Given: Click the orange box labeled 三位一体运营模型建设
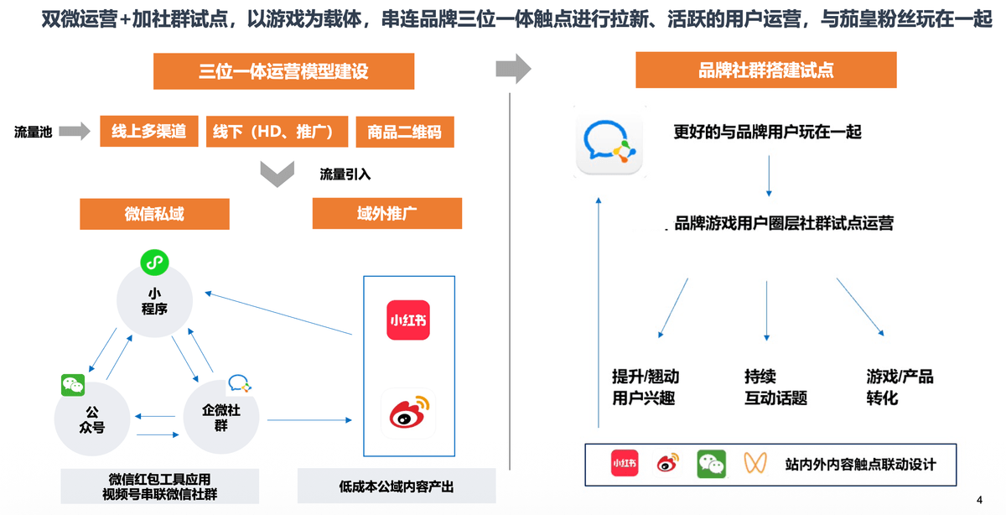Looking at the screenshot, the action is (x=283, y=71).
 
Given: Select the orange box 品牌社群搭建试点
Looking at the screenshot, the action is (x=765, y=70).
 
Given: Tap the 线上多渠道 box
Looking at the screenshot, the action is (x=148, y=131).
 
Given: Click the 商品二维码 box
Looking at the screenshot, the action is (x=405, y=132).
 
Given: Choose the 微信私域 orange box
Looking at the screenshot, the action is (x=154, y=214).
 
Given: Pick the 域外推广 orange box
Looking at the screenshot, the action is (x=387, y=213).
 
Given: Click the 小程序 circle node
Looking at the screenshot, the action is (x=154, y=300).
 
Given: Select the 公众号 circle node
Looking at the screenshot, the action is (x=92, y=419).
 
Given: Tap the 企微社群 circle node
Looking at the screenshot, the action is (x=221, y=417).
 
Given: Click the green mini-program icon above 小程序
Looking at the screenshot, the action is (x=154, y=263).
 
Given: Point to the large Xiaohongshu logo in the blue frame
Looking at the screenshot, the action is (x=408, y=320).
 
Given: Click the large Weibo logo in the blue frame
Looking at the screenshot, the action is (x=408, y=413).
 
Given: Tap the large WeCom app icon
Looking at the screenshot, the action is (x=609, y=142).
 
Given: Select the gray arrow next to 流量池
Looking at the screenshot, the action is (x=75, y=131).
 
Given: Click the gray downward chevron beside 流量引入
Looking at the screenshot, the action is (x=277, y=174).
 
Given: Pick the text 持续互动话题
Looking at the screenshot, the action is (x=775, y=387).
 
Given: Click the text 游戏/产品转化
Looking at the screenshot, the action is (x=900, y=387).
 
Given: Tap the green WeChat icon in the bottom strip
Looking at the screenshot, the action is (x=712, y=464).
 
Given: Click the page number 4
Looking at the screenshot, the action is (x=979, y=500).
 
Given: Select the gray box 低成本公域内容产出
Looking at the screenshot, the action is (x=397, y=486).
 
